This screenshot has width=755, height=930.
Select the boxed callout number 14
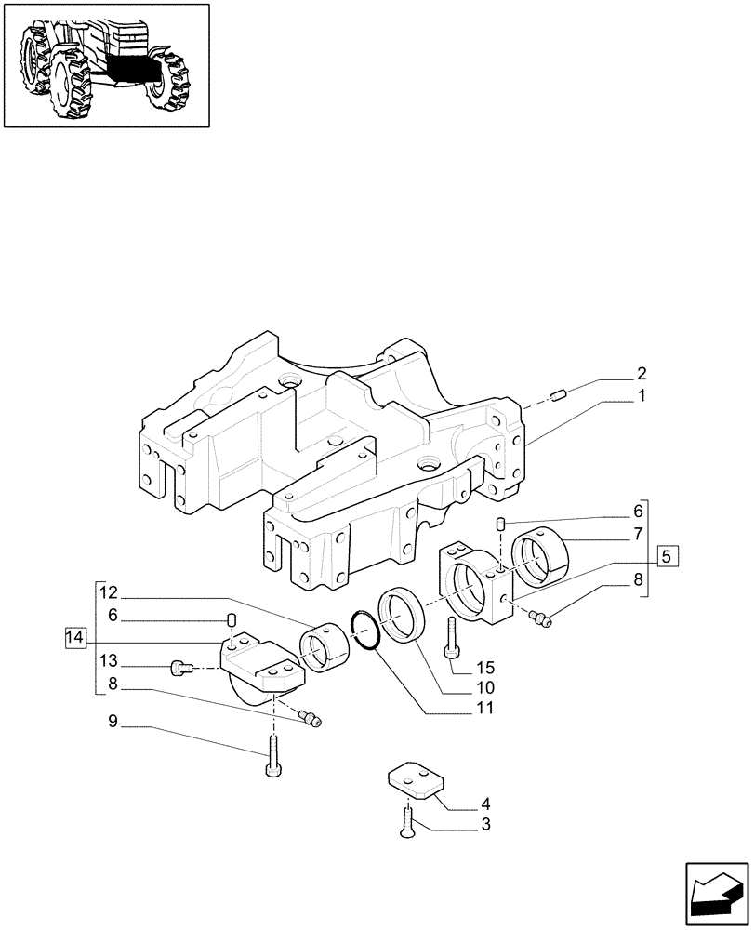coord(76,638)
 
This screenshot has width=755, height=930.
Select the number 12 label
coord(109,592)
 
